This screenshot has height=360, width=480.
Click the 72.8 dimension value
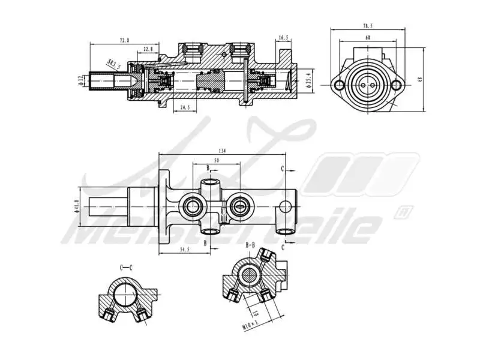point(124,40)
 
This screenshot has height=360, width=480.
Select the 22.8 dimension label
point(148,49)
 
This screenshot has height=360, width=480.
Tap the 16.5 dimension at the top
point(283,38)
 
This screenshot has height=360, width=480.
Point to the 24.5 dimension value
point(184,107)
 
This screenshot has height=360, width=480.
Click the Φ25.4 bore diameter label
point(308,79)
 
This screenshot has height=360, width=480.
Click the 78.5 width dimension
point(368,26)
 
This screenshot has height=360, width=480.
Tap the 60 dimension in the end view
point(368,37)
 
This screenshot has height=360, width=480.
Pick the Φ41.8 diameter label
point(77,206)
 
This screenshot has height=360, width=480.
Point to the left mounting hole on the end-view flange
point(340,86)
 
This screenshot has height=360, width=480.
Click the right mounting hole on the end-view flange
point(396,86)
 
